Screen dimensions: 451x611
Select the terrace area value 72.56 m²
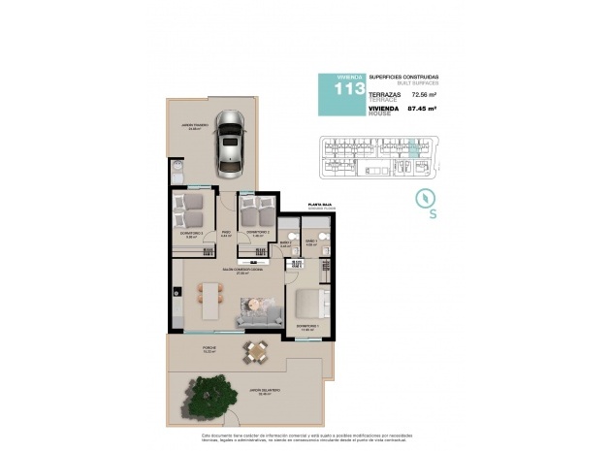click(x=423, y=96)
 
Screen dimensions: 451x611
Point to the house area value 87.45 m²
click(x=423, y=110)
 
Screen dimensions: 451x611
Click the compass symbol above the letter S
click(x=423, y=197)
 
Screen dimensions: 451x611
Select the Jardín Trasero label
click(x=195, y=126)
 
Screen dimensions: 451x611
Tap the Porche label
click(x=209, y=346)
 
